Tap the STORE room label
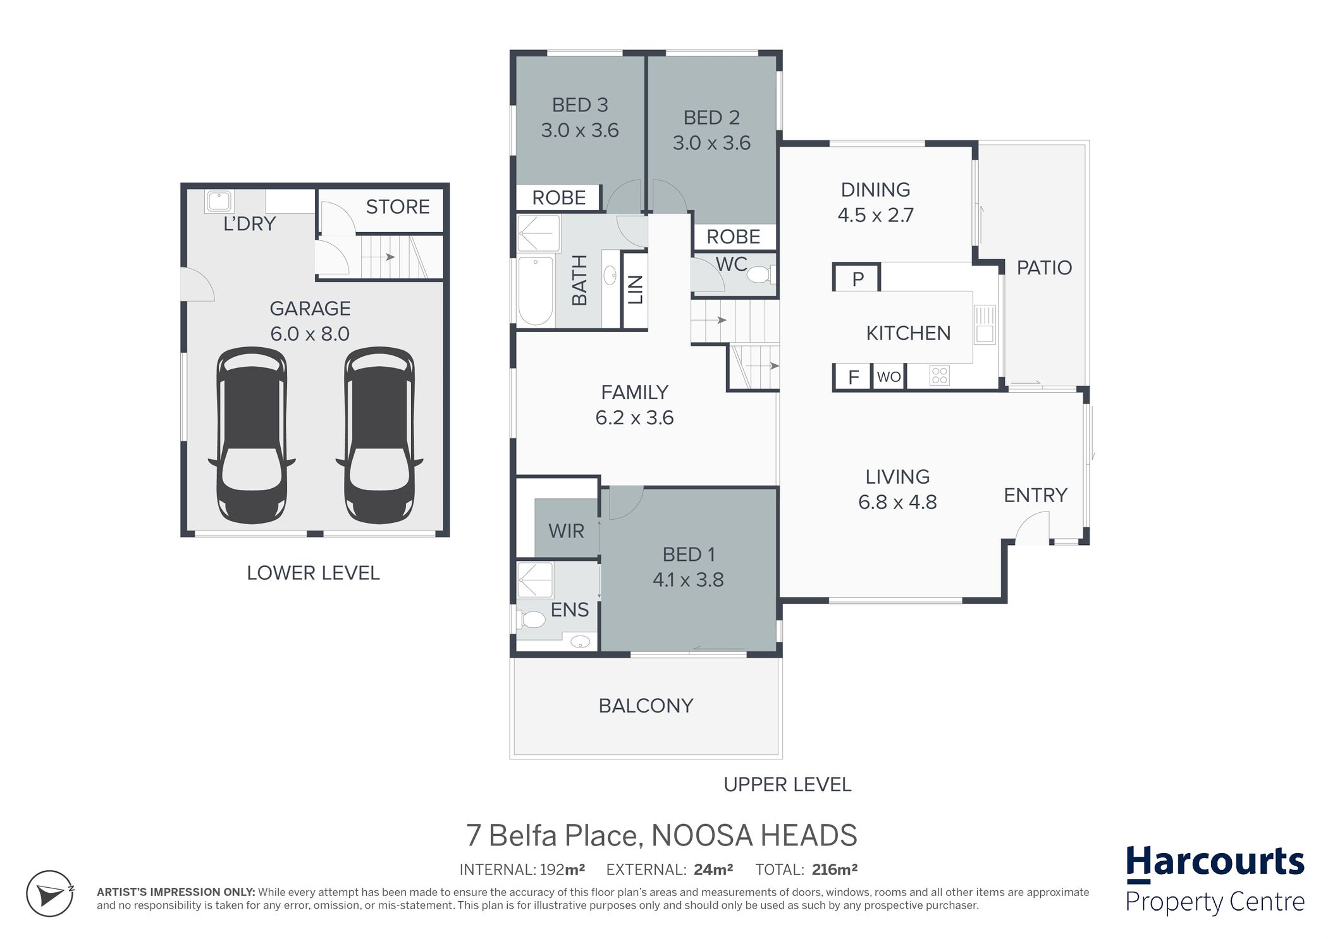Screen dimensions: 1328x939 398,207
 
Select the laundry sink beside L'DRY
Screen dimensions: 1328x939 219,202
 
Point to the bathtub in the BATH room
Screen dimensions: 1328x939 536,291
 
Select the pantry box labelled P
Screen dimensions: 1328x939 858,278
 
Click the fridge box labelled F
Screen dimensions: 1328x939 853,377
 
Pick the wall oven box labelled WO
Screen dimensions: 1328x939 888,377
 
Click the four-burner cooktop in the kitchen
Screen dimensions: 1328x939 940,376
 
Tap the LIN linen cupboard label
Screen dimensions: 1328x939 636,290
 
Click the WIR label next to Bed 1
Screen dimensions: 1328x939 566,531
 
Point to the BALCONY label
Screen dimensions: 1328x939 646,706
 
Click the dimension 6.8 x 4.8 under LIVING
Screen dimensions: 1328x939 897,502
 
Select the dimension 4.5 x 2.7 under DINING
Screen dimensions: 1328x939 876,215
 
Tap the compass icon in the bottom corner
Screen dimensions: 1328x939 50,893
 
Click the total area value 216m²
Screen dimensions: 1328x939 835,869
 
